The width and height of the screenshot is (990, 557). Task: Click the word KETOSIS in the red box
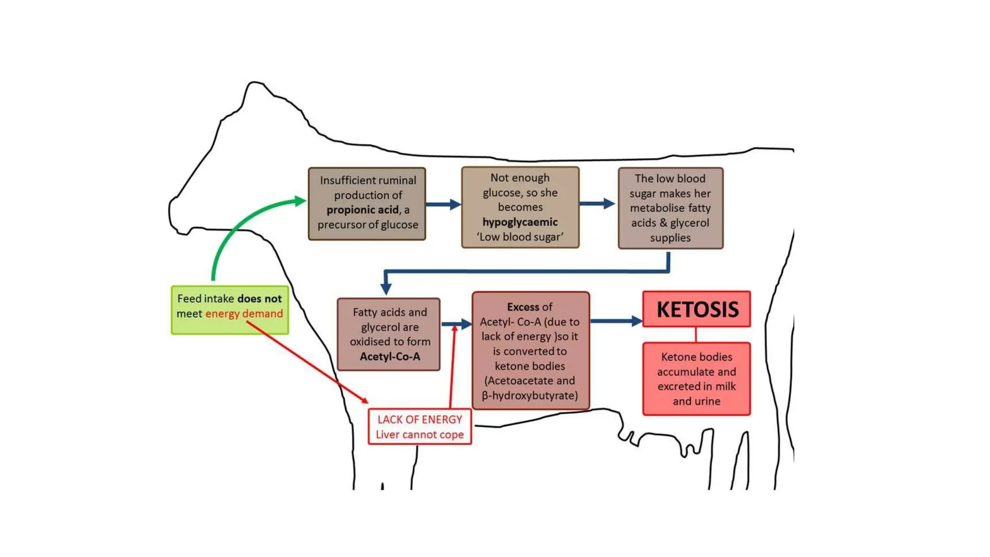point(697,309)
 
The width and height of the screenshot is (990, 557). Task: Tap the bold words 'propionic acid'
point(363,210)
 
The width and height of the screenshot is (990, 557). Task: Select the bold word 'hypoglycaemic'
point(520,222)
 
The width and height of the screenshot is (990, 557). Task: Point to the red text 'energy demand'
point(244,314)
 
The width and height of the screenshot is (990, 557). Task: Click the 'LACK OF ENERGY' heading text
point(420,419)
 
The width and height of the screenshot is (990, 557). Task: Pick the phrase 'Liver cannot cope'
point(420,435)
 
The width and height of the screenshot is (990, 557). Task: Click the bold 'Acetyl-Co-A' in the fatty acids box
point(390,357)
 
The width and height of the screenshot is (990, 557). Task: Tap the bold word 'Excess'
point(523,307)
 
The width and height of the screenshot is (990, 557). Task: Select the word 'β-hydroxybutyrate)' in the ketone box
point(530,396)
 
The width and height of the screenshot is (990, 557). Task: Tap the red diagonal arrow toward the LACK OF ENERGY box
point(309,363)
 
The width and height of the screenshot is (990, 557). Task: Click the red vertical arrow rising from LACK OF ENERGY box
point(452,367)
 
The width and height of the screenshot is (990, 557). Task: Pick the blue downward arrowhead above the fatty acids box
point(386,287)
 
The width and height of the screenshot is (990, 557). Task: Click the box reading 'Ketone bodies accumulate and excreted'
point(696,379)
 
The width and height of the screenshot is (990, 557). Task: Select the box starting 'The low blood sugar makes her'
point(670,208)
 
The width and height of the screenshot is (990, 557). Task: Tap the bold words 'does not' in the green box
point(260,299)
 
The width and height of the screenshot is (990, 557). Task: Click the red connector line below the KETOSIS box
point(696,335)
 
